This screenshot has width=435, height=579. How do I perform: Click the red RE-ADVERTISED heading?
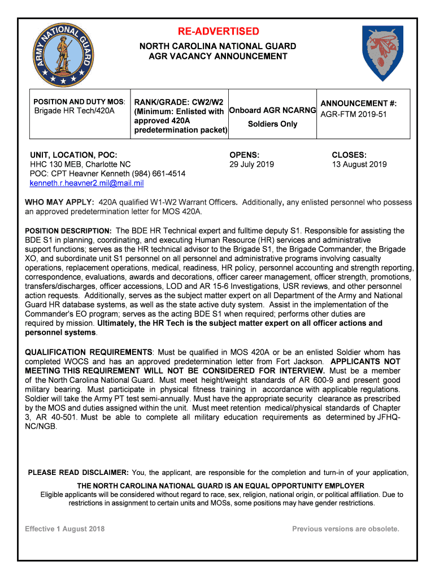coord(217,31)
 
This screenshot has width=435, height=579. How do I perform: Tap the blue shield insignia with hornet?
coord(382,54)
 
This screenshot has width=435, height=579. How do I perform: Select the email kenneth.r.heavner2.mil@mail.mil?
coord(86,183)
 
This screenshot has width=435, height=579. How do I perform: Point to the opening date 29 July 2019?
coord(251,164)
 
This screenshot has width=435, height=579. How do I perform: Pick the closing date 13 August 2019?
coord(359,164)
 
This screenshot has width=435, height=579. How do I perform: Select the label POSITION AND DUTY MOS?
coord(78,102)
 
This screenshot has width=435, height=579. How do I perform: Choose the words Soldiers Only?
coord(272,124)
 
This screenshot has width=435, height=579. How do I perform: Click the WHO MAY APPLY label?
coord(59,202)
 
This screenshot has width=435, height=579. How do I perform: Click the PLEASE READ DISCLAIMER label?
coord(79,473)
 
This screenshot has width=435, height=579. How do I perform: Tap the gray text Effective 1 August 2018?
coord(64,529)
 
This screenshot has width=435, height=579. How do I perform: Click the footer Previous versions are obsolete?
coord(345,529)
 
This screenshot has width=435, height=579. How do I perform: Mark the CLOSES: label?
coord(349,154)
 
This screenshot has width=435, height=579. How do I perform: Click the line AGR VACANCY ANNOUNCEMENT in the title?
coord(217,56)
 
